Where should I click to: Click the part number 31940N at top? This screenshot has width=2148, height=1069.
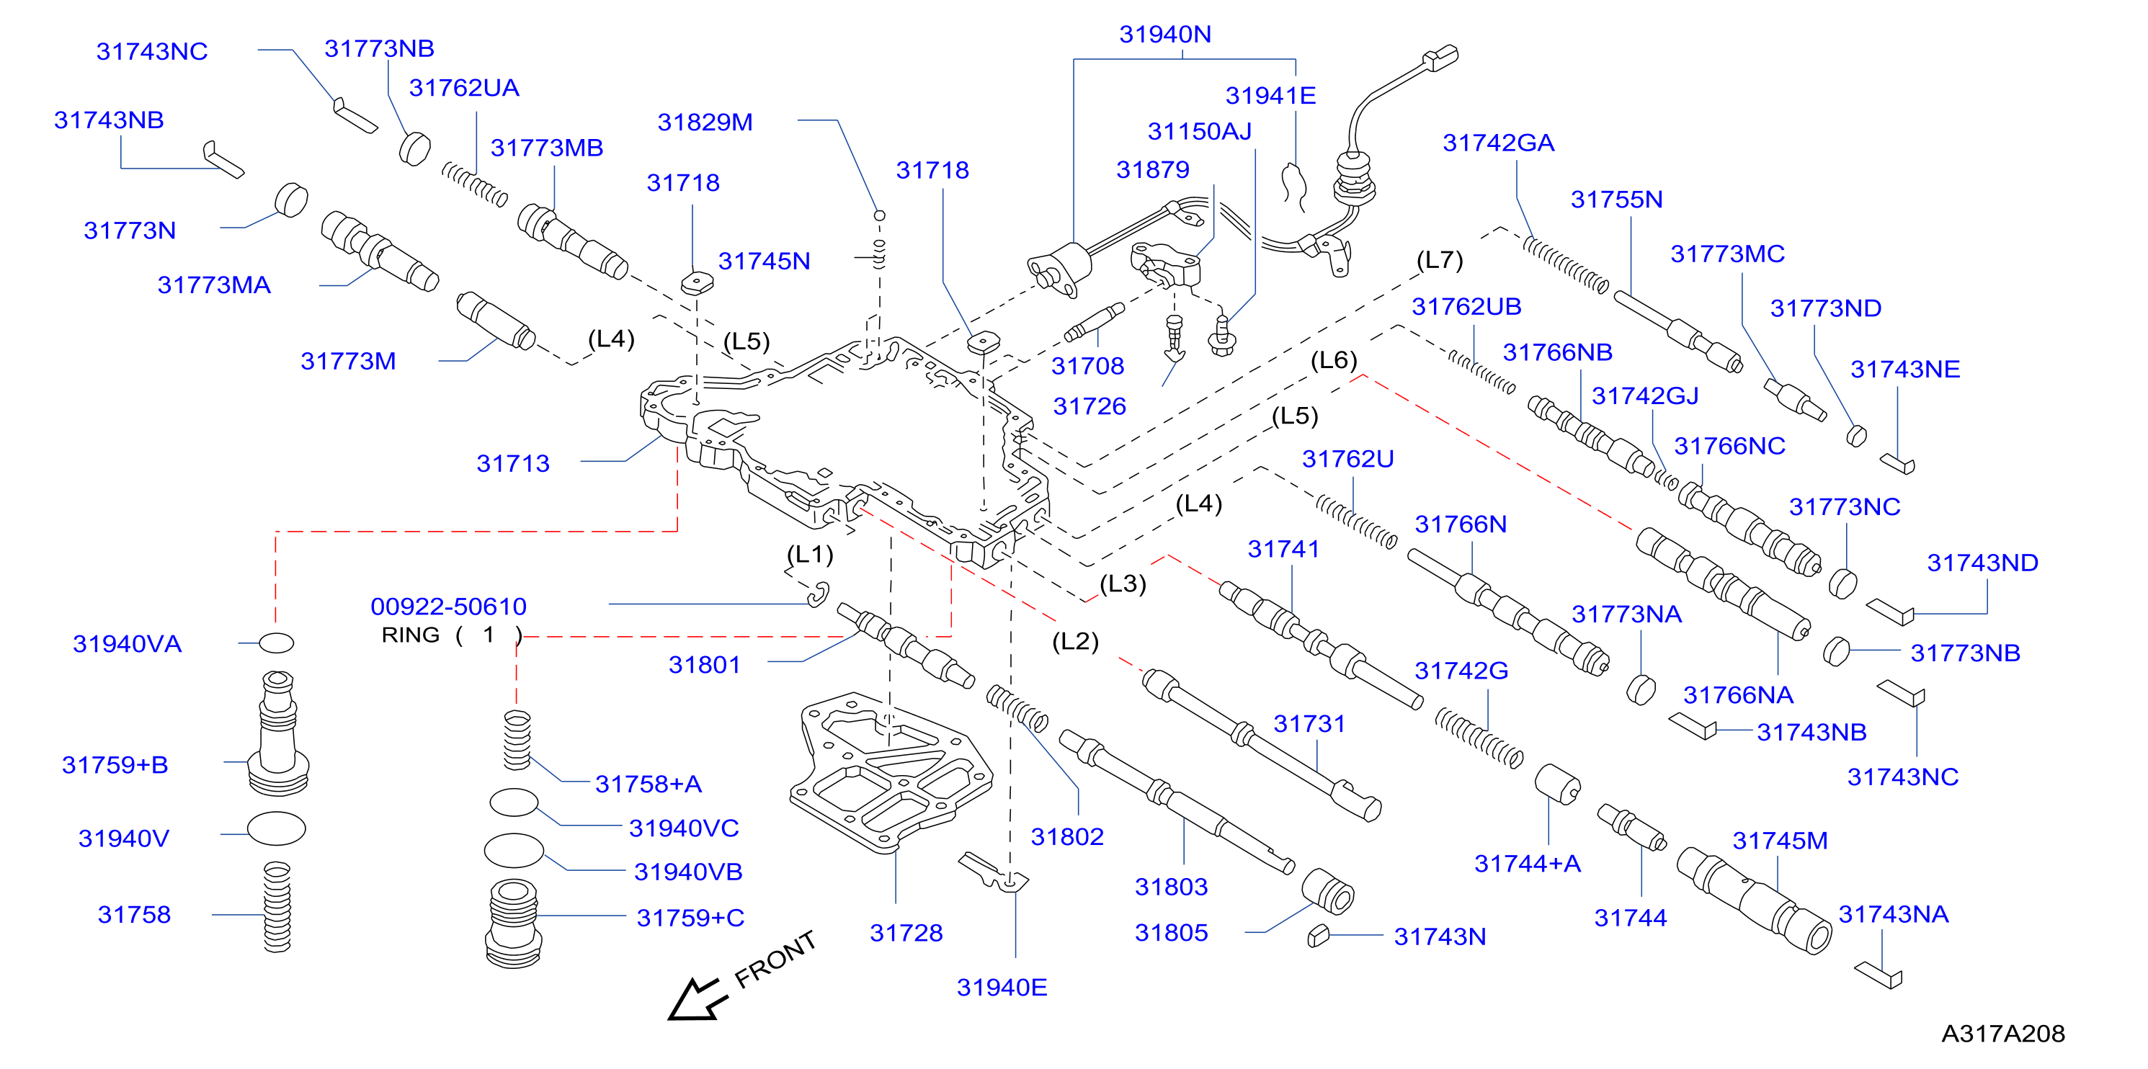coord(1165,34)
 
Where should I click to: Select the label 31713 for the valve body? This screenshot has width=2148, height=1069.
coord(513,464)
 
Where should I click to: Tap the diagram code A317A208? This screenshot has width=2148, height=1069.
coord(2003,1034)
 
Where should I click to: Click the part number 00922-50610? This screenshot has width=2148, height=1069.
coord(449,607)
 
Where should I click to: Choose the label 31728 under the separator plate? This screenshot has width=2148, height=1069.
coord(906,933)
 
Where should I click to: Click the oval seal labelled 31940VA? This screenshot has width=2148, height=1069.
coord(276,643)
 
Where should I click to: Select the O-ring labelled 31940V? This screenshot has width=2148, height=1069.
coord(276,829)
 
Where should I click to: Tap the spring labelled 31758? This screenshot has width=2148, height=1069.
coord(277,907)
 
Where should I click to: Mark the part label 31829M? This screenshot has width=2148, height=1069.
coord(705,122)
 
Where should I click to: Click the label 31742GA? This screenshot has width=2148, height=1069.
coord(1499,143)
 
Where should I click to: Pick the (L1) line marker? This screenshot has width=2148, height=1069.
coord(810,555)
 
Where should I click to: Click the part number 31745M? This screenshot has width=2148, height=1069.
coord(1780,841)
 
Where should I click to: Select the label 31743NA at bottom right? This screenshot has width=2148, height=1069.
coord(1893,914)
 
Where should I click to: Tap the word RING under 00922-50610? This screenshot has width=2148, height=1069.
coord(410,635)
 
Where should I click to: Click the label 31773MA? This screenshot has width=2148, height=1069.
coord(213,285)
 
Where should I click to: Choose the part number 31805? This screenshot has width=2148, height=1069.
coord(1171,933)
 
